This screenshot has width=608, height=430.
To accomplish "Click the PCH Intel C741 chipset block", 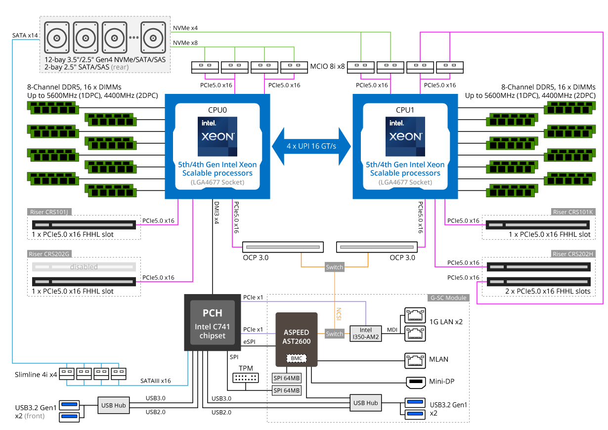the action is (x=213, y=322).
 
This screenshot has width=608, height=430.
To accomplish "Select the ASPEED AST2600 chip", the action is (x=297, y=340).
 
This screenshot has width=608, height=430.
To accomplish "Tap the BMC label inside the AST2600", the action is (x=297, y=358).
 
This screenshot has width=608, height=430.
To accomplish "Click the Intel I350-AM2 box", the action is (x=366, y=334).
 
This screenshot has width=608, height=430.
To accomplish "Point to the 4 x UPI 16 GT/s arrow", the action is (x=311, y=146).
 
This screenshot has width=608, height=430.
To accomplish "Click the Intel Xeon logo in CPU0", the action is (x=217, y=136).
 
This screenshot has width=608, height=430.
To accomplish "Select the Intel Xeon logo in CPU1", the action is (x=405, y=136).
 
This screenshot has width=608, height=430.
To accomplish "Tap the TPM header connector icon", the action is (x=246, y=378).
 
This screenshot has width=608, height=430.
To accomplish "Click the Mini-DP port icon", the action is (x=416, y=383).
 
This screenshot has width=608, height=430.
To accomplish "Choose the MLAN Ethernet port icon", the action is (x=415, y=361).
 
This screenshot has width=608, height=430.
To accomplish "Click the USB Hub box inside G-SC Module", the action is (x=366, y=403).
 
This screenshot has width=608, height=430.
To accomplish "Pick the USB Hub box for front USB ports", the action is (x=114, y=405).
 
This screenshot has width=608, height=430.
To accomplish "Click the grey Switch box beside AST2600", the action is (x=334, y=334).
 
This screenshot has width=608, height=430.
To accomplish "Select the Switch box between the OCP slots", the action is (x=334, y=267).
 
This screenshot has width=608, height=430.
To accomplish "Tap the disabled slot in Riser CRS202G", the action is (x=84, y=267).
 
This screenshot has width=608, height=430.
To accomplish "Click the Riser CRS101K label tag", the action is (x=573, y=212).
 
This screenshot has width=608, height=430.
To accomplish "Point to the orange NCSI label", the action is (x=339, y=314).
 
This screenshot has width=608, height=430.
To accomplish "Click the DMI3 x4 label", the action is (x=217, y=213).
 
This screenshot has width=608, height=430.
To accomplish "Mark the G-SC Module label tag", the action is (x=448, y=298).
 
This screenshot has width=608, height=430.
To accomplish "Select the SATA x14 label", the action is (x=25, y=35).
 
